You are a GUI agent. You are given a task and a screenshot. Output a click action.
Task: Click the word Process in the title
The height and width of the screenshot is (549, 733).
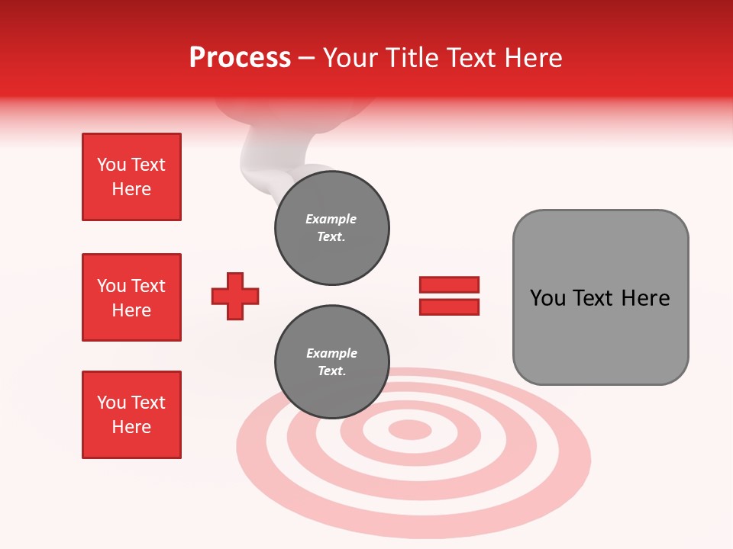tap(240, 58)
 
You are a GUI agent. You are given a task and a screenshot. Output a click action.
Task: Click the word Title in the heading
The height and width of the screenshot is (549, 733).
tap(410, 58)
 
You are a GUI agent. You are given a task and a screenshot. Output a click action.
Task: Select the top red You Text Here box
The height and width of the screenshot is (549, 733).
tap(131, 177)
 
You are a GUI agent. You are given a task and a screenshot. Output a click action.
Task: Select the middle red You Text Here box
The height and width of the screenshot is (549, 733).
tap(131, 297)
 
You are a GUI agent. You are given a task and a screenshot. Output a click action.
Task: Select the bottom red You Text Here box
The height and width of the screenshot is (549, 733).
tap(131, 415)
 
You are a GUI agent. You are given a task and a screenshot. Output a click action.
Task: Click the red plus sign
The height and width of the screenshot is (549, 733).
tap(235, 296)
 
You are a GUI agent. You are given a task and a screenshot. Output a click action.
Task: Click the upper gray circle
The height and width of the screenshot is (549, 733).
tap(332, 228)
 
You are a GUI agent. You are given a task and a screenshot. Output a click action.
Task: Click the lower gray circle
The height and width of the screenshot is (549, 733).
tap(332, 362)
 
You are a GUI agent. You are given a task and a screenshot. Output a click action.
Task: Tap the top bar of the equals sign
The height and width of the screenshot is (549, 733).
tap(449, 285)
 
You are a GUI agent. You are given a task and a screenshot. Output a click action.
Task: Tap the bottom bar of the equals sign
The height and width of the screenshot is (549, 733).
tap(449, 307)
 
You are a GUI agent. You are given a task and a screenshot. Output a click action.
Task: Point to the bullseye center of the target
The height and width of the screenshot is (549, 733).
tap(410, 429)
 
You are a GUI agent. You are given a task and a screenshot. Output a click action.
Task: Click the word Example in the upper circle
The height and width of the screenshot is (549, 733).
tap(331, 219)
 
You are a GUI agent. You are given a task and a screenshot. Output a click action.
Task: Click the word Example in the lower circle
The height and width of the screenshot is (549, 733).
tap(332, 353)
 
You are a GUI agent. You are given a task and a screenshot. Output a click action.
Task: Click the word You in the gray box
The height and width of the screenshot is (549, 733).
tap(547, 298)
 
